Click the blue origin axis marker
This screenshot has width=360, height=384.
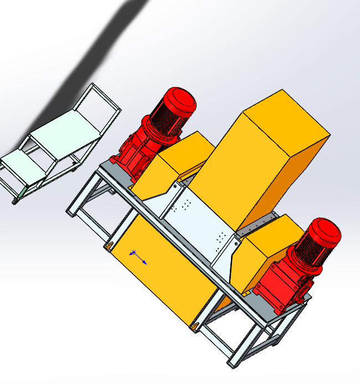tap(137, 256)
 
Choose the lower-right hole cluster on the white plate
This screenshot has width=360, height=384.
tap(222, 238)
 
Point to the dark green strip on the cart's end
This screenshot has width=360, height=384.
tap(24, 191)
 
